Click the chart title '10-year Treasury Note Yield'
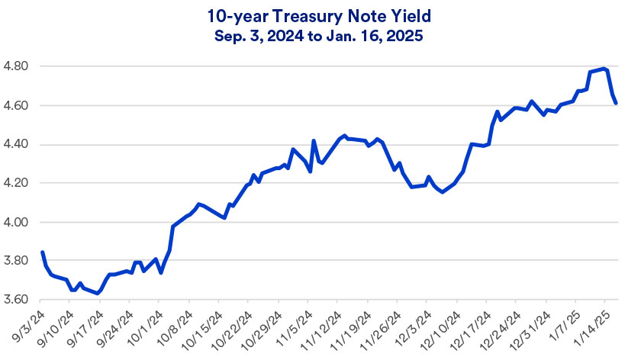320,14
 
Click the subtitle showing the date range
320,34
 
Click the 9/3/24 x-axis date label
28,325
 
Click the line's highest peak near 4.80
604,69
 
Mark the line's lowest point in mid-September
98,293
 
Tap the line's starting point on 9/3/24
42,252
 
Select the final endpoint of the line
616,103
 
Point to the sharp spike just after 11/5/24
314,141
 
